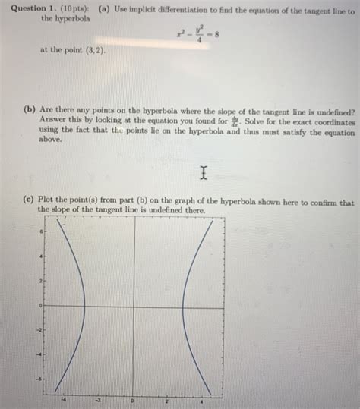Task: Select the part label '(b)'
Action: (x=30, y=109)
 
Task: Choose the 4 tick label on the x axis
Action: (x=201, y=399)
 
